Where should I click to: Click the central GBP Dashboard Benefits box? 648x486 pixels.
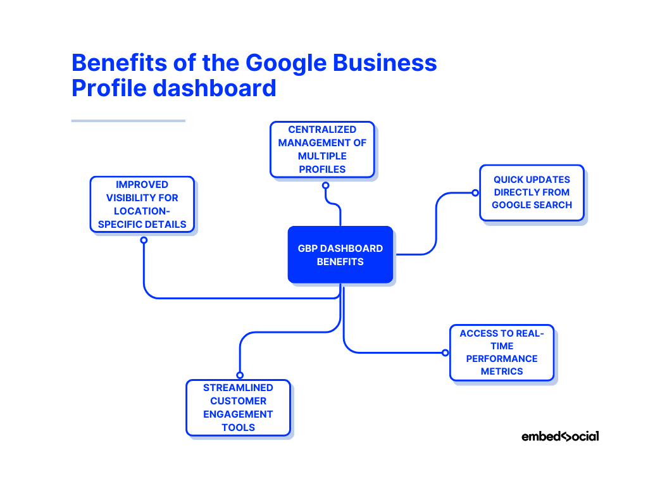340,254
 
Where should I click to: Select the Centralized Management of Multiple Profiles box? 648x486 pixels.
322,149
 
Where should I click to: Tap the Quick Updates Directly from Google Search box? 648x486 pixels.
532,192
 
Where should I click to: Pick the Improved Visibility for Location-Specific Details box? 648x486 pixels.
142,204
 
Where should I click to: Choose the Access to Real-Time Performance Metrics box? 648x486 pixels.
502,352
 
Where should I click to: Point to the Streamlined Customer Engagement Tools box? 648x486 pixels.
238,408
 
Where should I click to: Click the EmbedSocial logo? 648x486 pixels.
560,436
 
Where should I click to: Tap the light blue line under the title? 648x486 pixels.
128,120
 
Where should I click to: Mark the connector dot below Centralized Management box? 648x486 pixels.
325,185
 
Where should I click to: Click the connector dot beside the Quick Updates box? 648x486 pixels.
474,192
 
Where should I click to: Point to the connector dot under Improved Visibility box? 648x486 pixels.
144,240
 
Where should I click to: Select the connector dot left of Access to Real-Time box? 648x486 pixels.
445,352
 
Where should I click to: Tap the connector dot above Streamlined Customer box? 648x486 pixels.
240,375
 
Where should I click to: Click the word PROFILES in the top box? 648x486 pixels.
322,169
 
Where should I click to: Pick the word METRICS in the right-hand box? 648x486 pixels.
502,371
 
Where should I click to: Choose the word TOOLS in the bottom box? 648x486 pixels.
238,427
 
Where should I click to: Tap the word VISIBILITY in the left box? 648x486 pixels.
142,197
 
